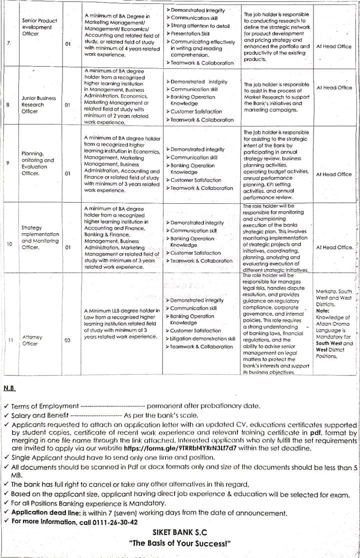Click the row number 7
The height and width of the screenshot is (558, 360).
(x=9, y=44)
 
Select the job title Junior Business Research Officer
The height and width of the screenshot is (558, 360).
(x=38, y=105)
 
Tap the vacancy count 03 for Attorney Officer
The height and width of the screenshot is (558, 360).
(x=67, y=340)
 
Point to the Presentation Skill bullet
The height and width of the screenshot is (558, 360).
(x=190, y=34)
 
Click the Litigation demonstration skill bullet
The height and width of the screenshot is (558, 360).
(x=202, y=339)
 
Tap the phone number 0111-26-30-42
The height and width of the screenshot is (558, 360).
(x=111, y=521)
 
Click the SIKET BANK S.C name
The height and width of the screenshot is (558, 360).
(x=179, y=533)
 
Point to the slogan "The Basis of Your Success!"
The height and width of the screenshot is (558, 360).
(x=179, y=543)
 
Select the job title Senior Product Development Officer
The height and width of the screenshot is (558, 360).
(x=39, y=27)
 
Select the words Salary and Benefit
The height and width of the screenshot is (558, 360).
(x=41, y=415)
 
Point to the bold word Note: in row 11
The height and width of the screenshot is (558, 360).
(x=322, y=311)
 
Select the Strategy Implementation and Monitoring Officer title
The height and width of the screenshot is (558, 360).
(x=40, y=237)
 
